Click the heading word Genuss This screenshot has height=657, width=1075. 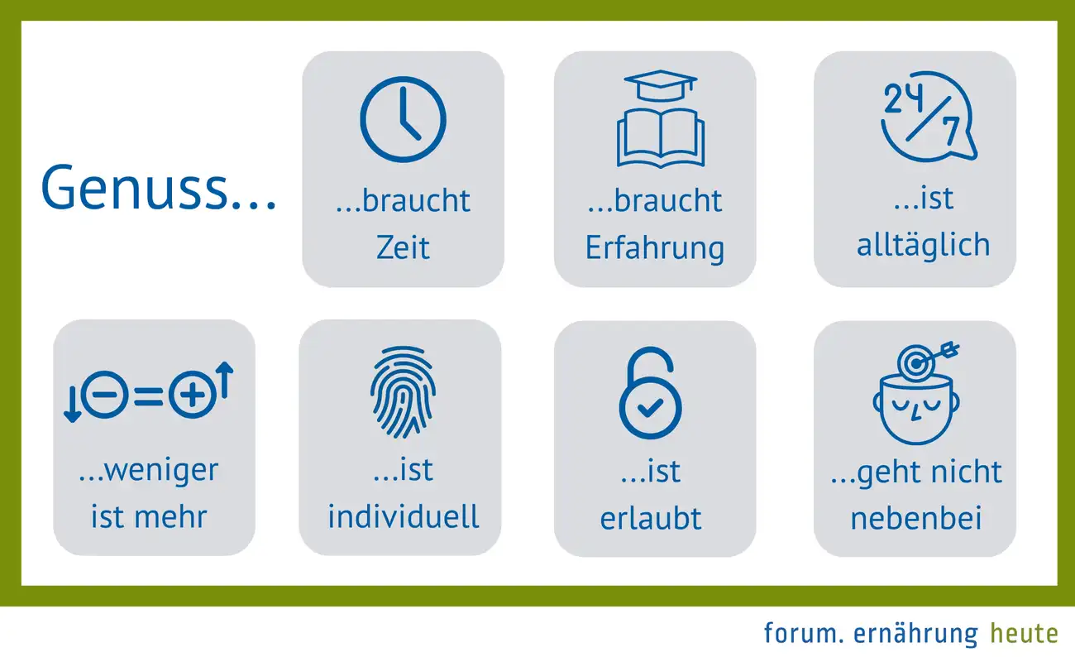click(134, 187)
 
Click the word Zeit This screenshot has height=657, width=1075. click(403, 247)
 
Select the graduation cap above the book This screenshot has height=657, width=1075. click(661, 86)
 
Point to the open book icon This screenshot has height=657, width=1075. click(661, 139)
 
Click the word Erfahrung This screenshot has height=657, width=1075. click(655, 249)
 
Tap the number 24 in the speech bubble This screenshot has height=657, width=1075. click(904, 98)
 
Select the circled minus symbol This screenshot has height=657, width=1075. click(105, 395)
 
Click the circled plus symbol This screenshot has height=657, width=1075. click(193, 395)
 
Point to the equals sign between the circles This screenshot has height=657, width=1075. click(148, 396)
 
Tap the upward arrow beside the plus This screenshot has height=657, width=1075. click(225, 380)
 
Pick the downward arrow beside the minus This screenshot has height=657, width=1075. click(73, 405)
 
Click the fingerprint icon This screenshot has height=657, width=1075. click(404, 391)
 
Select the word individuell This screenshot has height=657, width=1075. click(404, 517)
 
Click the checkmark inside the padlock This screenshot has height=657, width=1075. click(650, 407)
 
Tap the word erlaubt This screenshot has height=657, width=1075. click(651, 518)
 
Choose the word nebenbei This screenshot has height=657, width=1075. click(915, 518)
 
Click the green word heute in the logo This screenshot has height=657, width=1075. click(1024, 634)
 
